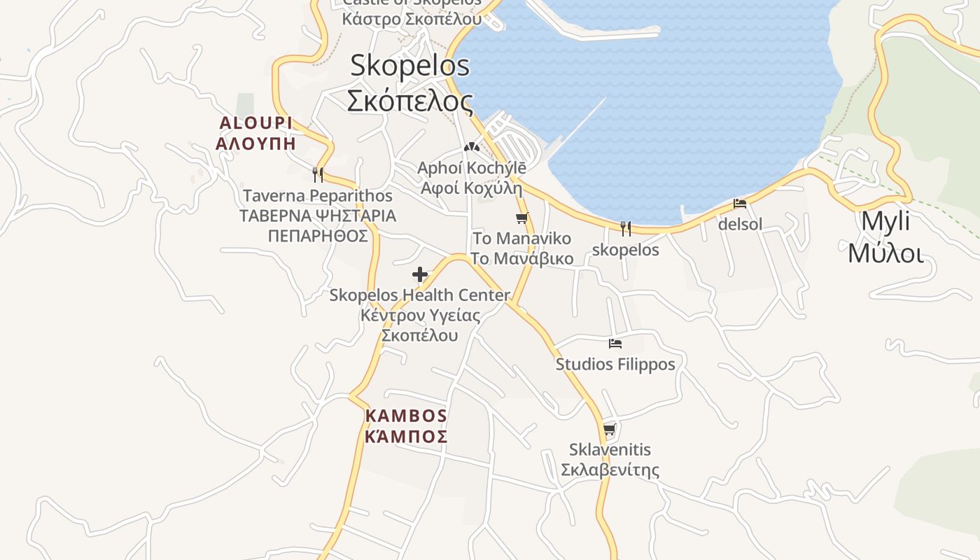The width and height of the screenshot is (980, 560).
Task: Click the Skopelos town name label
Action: [x=410, y=83]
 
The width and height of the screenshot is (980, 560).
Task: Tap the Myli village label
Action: [x=885, y=237]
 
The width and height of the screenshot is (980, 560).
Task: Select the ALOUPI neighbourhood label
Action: [x=255, y=133]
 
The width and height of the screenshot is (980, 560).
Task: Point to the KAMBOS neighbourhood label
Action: [x=406, y=426]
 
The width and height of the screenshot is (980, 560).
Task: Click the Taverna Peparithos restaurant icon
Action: [x=318, y=174]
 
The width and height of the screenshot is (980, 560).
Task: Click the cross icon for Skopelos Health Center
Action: [x=420, y=274]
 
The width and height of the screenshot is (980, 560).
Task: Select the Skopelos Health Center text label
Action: [x=419, y=315]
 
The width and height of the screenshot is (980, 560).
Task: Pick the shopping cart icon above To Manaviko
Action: [x=521, y=218]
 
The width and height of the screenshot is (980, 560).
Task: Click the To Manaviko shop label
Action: [x=521, y=248]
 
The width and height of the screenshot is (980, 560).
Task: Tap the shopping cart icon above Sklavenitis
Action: [x=610, y=429]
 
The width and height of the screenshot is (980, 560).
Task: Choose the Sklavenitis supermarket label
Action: [x=610, y=459]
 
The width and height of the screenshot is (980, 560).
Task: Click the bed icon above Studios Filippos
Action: [x=615, y=344]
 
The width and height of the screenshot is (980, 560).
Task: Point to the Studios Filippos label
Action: [x=615, y=364]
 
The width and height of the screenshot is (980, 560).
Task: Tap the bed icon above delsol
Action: [x=740, y=204]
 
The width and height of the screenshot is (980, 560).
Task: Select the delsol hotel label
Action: [x=740, y=225]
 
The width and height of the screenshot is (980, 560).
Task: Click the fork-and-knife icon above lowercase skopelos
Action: [x=626, y=228]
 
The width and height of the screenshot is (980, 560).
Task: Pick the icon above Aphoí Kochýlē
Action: [x=471, y=148]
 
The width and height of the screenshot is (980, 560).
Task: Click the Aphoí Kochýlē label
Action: [x=471, y=178]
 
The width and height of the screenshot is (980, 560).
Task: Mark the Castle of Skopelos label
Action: [x=412, y=10]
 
